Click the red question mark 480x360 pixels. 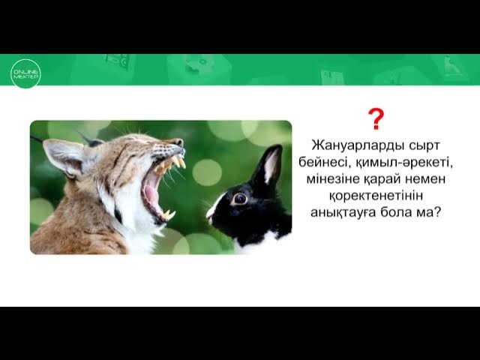[376, 118]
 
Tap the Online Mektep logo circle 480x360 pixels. [25, 73]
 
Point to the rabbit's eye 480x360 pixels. [239, 198]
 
